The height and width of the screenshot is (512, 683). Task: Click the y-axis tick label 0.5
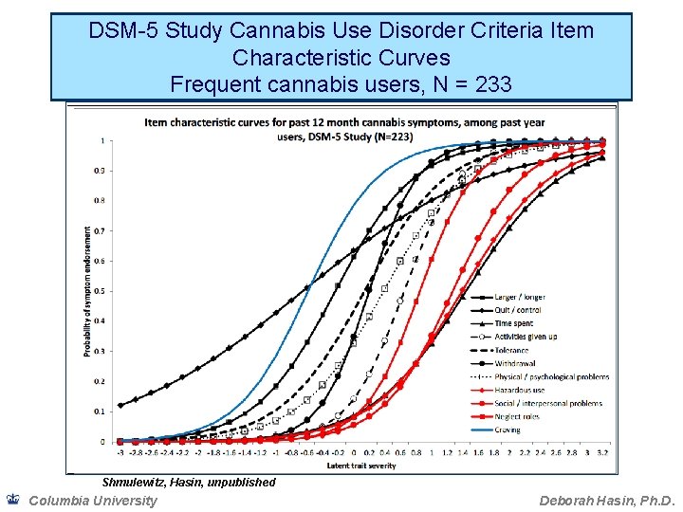click(102, 291)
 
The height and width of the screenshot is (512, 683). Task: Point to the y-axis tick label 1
click(103, 140)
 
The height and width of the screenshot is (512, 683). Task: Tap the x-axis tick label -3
click(120, 453)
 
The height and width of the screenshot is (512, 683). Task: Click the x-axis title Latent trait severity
click(361, 465)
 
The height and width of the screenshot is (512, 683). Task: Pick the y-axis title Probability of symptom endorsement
click(89, 291)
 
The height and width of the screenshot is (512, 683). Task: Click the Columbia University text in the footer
click(93, 501)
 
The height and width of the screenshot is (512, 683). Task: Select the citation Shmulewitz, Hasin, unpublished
click(189, 483)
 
